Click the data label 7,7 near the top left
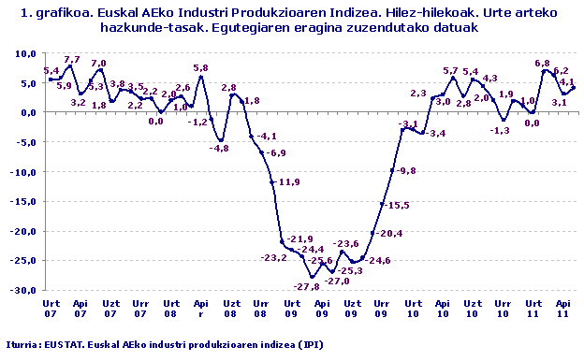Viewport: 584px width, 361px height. pos(71,60)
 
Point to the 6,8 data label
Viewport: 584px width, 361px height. pos(541,63)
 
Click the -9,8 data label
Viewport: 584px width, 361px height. pos(406,171)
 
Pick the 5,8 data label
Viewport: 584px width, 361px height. pos(200,67)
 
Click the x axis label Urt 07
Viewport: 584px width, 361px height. pos(51,309)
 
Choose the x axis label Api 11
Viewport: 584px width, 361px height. pos(563,309)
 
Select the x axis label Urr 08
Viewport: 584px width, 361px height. pos(261,309)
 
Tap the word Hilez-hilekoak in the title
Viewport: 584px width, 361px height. pos(403,13)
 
